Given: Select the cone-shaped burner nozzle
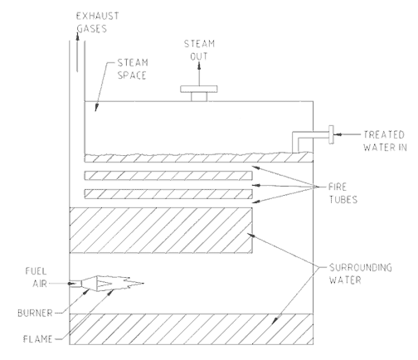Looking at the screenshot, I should pyautogui.click(x=104, y=285).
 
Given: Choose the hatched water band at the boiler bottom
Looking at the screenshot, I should pyautogui.click(x=190, y=328).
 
